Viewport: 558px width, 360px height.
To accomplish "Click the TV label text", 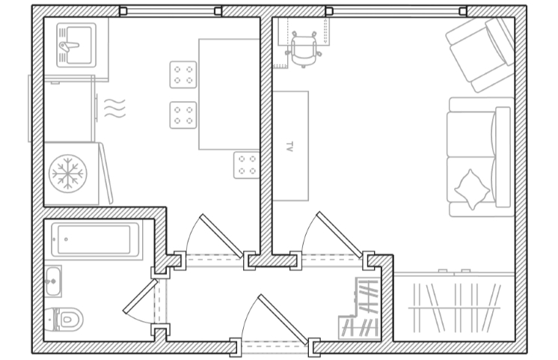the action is (289, 147).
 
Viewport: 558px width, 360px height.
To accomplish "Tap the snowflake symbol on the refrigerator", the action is (67, 174).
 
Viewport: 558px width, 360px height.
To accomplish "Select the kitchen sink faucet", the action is (69, 46).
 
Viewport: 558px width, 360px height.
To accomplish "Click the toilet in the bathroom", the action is (64, 319).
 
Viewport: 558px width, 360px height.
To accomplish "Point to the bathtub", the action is (96, 240).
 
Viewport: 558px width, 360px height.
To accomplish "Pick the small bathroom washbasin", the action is (53, 281).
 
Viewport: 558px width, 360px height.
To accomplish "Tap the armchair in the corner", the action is (480, 54).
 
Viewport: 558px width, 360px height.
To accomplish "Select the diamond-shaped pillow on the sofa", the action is (472, 189).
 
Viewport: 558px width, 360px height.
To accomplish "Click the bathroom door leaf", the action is (140, 296).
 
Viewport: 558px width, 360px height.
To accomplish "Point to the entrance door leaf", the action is (283, 320).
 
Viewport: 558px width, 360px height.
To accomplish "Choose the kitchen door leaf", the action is (221, 236).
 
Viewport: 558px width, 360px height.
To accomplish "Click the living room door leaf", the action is (339, 235).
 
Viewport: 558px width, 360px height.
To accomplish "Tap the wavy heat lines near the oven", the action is (114, 108).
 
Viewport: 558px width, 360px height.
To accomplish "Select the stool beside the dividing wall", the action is (246, 165).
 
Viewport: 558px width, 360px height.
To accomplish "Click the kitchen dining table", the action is (229, 94).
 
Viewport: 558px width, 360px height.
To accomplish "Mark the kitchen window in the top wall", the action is (171, 11).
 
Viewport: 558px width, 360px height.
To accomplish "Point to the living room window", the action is (396, 11).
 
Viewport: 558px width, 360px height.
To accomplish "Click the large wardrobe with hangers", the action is (454, 307).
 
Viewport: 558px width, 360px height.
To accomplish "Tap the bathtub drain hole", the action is (66, 240).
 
